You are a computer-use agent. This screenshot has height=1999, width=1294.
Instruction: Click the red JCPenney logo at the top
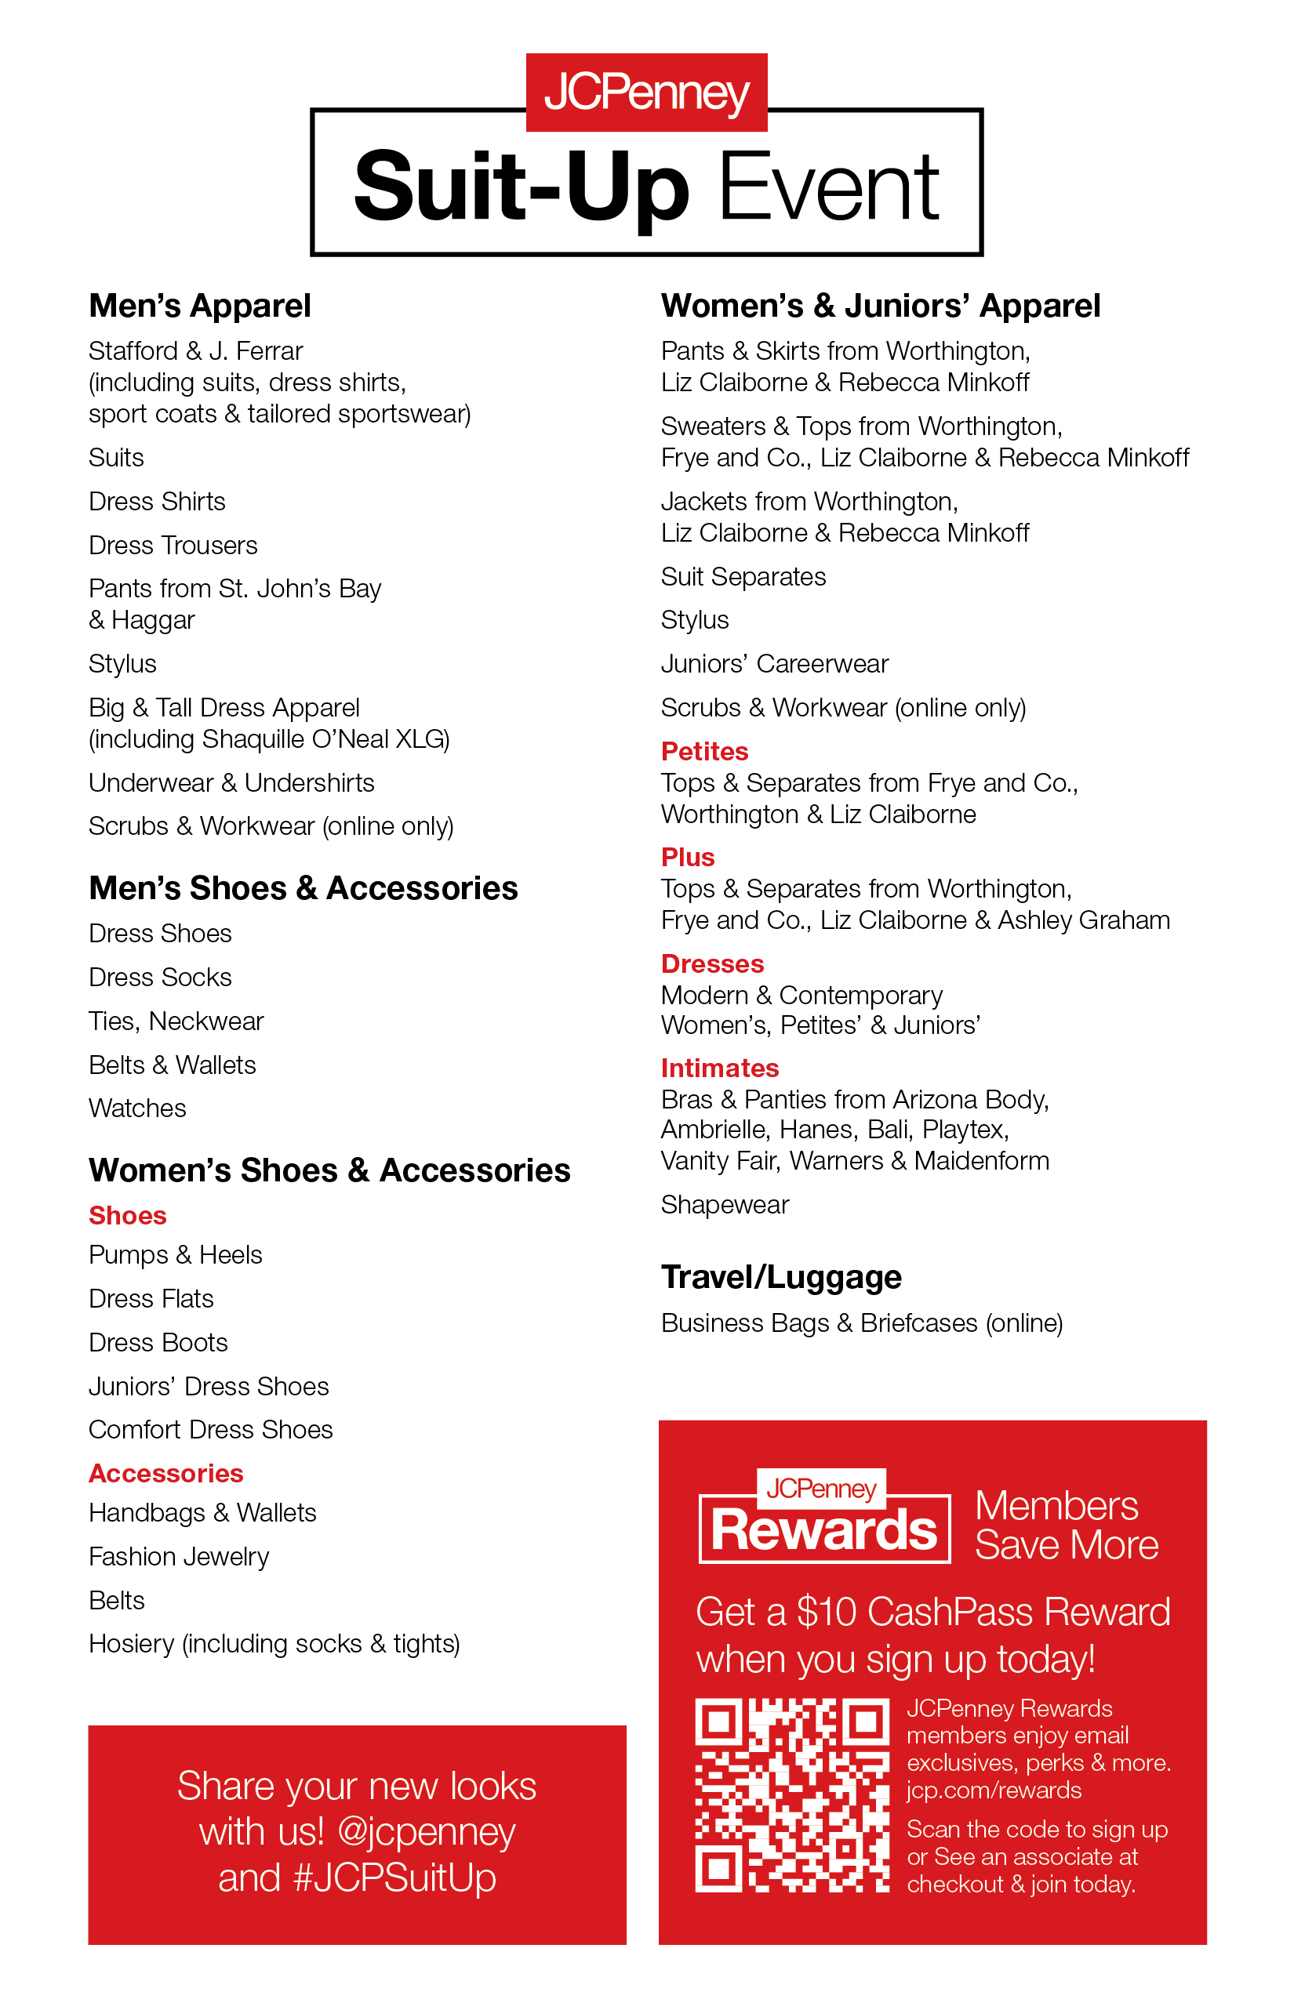click(646, 93)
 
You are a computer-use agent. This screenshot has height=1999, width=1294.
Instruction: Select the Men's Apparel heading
click(200, 306)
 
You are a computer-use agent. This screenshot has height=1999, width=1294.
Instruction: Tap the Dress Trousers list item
click(173, 545)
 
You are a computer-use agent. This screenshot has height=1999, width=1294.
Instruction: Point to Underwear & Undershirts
click(231, 783)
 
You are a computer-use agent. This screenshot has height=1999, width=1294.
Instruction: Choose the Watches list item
click(137, 1108)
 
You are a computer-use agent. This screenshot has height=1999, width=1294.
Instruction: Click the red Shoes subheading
click(128, 1215)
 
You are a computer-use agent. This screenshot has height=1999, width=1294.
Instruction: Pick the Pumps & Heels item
click(176, 1255)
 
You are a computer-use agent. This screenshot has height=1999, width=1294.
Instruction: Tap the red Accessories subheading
click(166, 1473)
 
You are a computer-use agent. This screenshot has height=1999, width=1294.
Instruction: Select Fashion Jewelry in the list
click(179, 1556)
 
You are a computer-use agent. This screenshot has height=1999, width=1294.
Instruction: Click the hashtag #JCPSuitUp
click(395, 1878)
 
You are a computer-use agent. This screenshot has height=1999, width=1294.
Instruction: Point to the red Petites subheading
click(704, 751)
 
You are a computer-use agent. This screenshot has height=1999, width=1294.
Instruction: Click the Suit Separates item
click(743, 577)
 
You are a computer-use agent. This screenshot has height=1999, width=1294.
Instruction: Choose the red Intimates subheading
click(719, 1068)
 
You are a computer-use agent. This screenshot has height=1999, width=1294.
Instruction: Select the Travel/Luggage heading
click(780, 1278)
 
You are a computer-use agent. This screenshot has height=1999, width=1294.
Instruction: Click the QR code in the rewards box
click(791, 1795)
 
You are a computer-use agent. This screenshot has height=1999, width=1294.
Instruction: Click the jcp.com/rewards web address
click(993, 1790)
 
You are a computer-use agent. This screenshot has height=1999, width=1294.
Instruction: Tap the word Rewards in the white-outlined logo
click(823, 1530)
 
